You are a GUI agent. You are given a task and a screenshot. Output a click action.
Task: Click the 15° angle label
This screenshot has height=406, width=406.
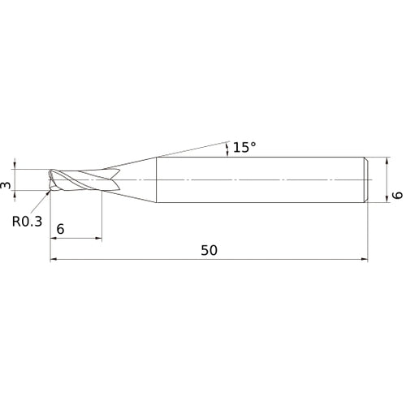click(244, 147)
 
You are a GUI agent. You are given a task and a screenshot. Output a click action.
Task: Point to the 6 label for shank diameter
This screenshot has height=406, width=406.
click(397, 195)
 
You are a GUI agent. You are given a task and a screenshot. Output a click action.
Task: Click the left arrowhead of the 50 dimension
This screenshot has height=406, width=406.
click(54, 260)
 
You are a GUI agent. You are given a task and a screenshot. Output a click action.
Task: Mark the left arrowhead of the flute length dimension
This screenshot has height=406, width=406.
click(54, 239)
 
